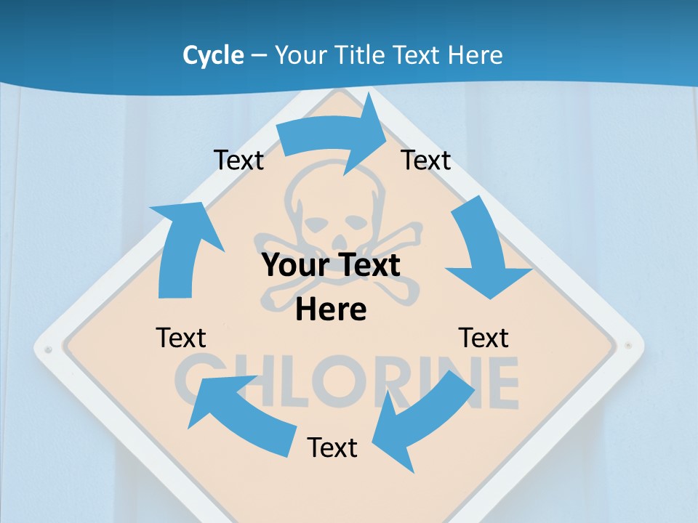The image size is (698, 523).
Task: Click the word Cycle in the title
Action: (213, 55)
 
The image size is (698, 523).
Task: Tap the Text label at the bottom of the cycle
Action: (332, 447)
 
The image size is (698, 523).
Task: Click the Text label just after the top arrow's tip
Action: (426, 160)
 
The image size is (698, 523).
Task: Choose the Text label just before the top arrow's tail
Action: (238, 160)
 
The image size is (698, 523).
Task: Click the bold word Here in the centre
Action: (331, 310)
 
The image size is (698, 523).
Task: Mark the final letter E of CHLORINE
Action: (502, 383)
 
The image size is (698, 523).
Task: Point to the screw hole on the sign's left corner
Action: (48, 349)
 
